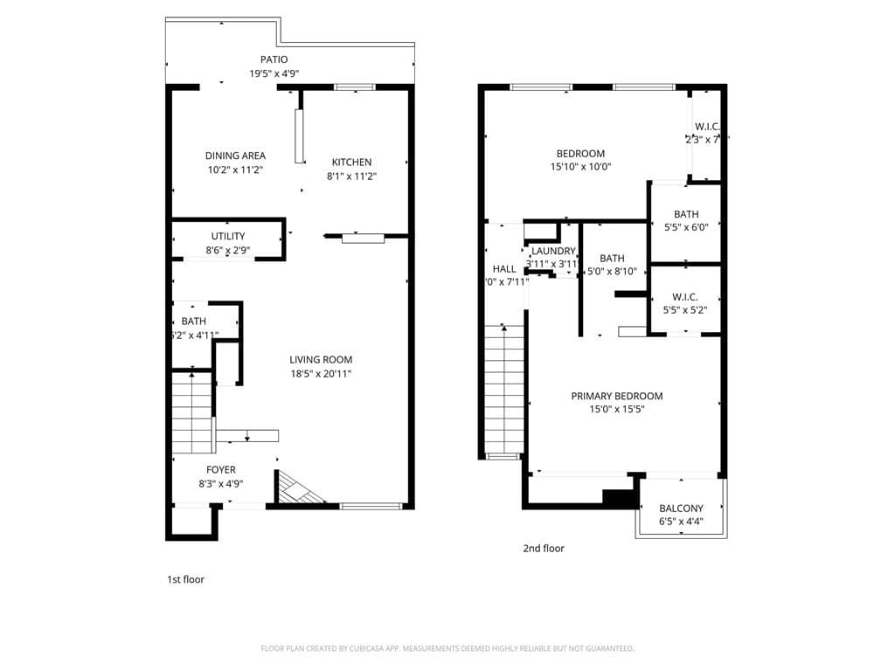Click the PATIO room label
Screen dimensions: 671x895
273,59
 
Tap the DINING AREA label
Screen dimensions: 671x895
235,156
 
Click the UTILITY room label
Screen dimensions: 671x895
227,236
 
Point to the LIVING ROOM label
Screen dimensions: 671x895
321,359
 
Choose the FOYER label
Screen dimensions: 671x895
220,469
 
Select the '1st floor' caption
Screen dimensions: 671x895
185,579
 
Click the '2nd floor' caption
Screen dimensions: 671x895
544,549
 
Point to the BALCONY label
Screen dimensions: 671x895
681,508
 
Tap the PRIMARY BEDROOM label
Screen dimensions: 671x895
616,396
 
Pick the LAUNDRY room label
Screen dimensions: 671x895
553,251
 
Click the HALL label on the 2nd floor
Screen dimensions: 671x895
504,268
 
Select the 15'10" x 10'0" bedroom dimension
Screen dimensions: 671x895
580,167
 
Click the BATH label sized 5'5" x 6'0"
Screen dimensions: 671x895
686,214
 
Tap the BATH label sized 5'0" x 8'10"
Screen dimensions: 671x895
612,258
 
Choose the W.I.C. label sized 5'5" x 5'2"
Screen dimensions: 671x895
685,297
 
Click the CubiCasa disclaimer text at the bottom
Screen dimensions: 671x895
447,648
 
